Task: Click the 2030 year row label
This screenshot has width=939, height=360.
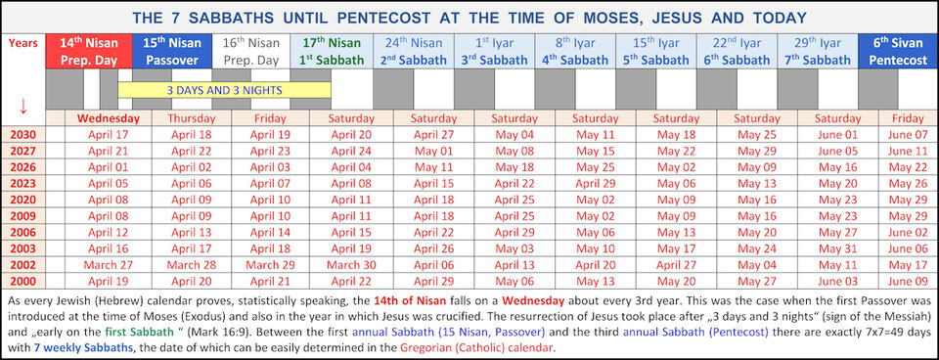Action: (x=22, y=134)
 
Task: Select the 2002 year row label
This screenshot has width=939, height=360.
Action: (x=22, y=264)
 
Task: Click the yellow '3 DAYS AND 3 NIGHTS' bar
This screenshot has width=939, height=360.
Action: (x=224, y=90)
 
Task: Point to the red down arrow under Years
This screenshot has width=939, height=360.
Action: (x=22, y=105)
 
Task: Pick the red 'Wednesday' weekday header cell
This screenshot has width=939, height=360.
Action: (x=108, y=118)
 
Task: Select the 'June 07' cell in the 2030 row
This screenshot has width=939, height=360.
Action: (x=906, y=135)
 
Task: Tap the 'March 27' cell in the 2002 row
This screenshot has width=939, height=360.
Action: (x=108, y=264)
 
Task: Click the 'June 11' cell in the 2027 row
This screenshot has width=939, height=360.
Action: (x=906, y=151)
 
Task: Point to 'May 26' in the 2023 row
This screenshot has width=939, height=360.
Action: (x=906, y=183)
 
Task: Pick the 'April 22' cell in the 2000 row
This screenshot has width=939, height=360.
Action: (x=350, y=280)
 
